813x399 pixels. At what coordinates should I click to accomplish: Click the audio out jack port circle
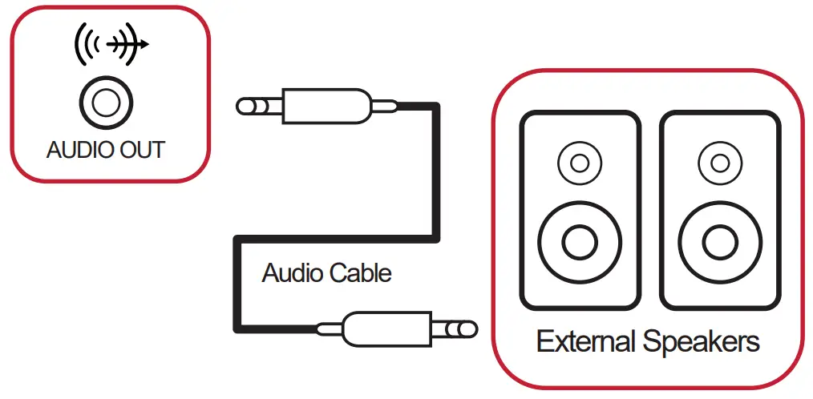tap(106, 103)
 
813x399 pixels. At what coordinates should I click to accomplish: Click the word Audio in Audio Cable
tap(292, 273)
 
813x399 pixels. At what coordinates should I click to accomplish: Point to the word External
tap(587, 342)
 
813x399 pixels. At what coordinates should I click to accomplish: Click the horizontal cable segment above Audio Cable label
tap(337, 238)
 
